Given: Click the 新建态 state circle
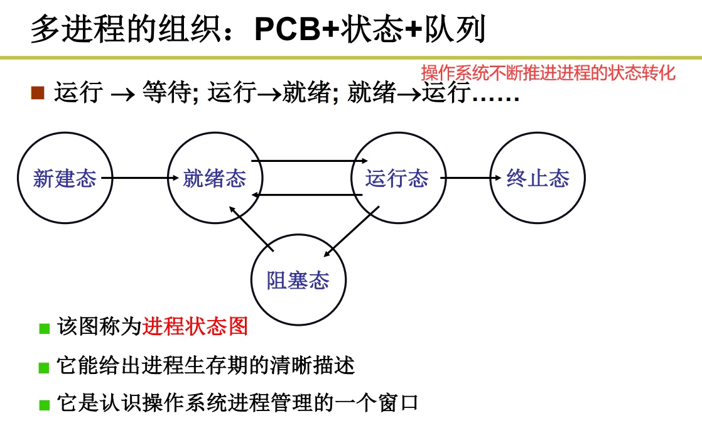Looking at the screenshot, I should (x=65, y=178).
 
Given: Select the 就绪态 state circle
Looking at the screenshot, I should (x=215, y=178).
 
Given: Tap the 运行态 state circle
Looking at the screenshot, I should (x=397, y=178).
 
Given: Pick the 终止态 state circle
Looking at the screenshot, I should (x=537, y=178).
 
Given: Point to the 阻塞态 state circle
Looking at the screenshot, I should (x=298, y=280).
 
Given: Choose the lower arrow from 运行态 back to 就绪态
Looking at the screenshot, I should (x=308, y=195).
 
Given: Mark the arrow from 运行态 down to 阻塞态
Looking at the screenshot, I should (x=352, y=232).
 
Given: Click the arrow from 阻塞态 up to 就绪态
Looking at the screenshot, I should (x=251, y=230).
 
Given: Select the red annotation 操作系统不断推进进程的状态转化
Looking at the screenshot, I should (x=548, y=73).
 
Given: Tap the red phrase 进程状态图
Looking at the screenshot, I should (x=195, y=327).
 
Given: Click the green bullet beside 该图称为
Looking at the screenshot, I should (x=44, y=328).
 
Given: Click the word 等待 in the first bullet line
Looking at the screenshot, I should (x=166, y=93).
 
